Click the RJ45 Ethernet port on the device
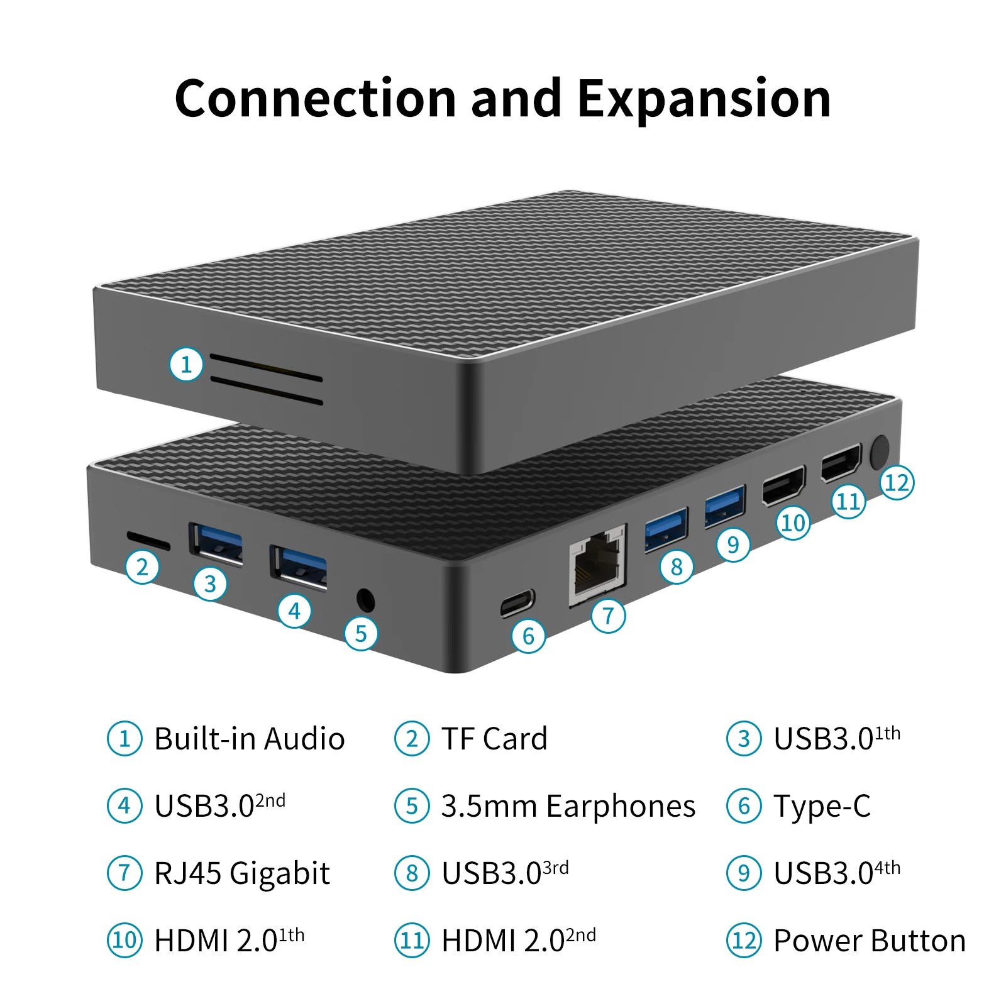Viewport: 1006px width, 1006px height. click(598, 564)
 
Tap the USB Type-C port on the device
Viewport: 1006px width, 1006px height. click(517, 604)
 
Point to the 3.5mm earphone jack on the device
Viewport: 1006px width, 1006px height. click(365, 600)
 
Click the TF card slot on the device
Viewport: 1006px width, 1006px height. click(148, 539)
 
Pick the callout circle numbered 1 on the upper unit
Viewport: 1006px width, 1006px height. click(186, 365)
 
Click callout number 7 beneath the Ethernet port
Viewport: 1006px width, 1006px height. click(608, 616)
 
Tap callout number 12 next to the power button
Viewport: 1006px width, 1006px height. click(897, 483)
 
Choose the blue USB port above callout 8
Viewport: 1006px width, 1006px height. click(666, 529)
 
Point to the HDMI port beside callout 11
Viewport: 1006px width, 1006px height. click(841, 463)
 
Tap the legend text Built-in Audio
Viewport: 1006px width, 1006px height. click(249, 739)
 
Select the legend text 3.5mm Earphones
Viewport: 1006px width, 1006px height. click(568, 806)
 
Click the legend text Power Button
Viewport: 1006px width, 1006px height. click(869, 941)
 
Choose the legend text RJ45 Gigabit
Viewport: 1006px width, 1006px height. click(242, 873)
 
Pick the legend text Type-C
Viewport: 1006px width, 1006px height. click(822, 806)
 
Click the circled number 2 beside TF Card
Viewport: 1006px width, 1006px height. click(412, 739)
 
